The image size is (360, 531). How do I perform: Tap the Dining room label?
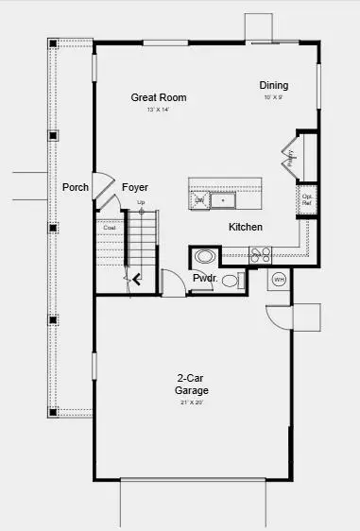[x=274, y=85]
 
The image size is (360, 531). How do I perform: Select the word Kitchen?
[x=245, y=227]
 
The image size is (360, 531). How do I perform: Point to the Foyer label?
[x=135, y=187]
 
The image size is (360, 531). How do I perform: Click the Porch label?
[x=76, y=187]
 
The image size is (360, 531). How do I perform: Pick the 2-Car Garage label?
[x=191, y=384]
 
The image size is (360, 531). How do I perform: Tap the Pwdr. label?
[x=205, y=279]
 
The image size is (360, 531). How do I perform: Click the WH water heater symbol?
[x=279, y=280]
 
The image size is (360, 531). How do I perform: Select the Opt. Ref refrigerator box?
[x=306, y=199]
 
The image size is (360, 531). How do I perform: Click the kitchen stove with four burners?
[x=260, y=253]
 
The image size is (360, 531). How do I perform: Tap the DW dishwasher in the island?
[x=199, y=200]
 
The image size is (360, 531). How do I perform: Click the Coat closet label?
[x=109, y=227]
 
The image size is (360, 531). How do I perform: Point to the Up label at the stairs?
[x=142, y=202]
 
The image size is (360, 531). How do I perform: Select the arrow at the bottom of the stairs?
[x=138, y=278]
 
